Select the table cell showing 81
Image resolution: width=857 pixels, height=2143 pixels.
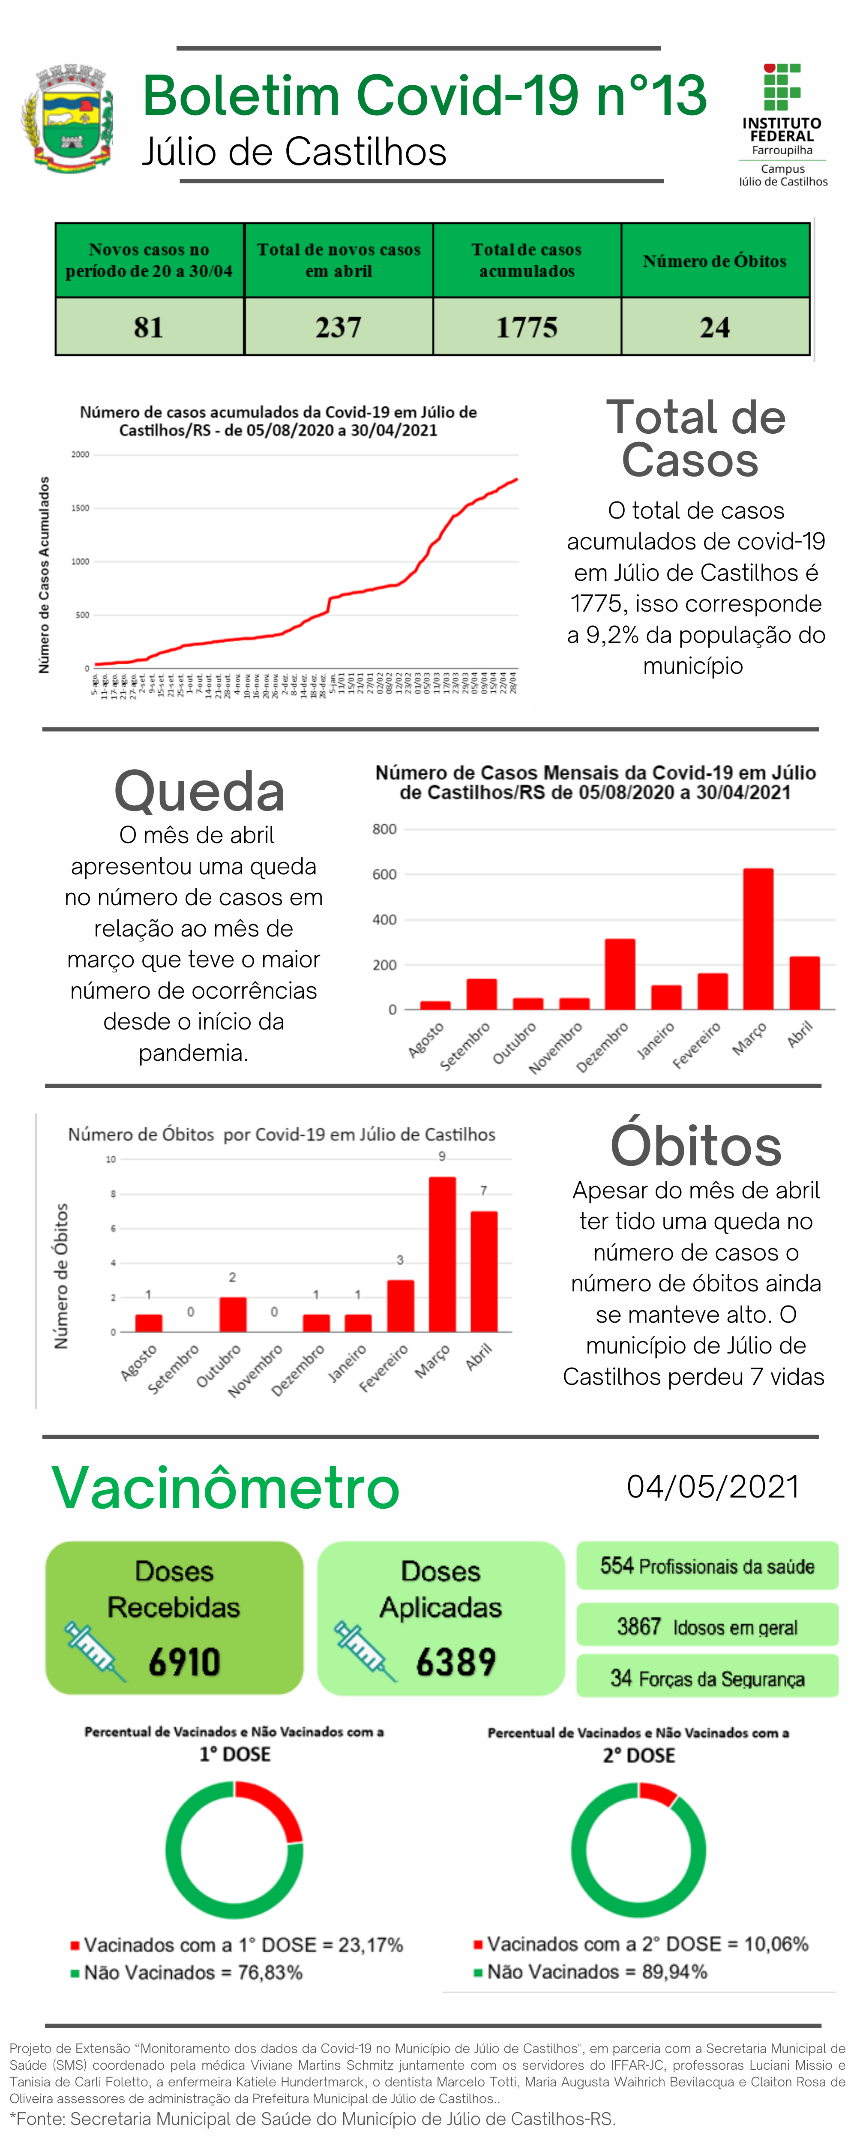coord(149,327)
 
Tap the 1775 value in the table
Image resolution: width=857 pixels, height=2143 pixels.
coord(527,327)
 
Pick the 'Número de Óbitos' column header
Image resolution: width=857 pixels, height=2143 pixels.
coord(715,261)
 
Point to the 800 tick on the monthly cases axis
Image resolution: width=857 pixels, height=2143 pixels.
coord(384,829)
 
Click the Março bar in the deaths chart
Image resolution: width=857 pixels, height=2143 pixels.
coord(442,1254)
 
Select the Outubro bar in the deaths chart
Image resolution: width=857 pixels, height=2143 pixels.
coord(233,1315)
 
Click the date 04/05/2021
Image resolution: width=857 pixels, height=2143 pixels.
coord(713,1487)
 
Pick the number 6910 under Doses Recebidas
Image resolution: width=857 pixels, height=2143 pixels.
coord(184,1662)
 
